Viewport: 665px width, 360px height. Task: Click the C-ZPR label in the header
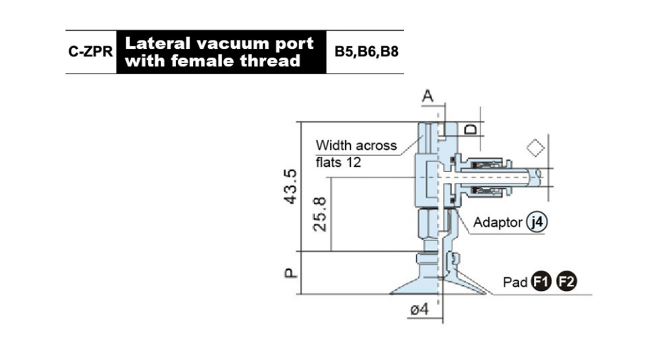click(90, 52)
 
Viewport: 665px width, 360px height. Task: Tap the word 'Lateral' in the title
click(157, 43)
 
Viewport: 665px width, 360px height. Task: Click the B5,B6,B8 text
click(366, 52)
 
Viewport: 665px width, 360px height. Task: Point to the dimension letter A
click(427, 96)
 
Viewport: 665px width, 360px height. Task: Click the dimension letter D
click(470, 130)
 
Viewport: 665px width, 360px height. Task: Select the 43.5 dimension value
click(290, 187)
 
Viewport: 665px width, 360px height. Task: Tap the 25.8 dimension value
click(320, 214)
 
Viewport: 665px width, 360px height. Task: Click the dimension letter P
click(290, 273)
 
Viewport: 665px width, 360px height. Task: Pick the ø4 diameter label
click(420, 309)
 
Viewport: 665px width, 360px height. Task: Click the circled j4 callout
click(537, 222)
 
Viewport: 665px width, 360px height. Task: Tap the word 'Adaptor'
click(498, 223)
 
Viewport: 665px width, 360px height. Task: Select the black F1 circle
click(541, 281)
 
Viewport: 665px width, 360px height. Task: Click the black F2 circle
click(566, 281)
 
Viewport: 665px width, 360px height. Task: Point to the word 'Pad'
click(515, 282)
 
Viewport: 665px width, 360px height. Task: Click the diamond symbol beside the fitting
click(535, 148)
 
